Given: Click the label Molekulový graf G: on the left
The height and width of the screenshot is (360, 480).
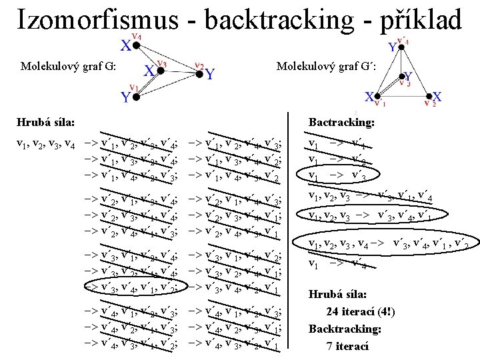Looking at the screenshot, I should tap(69, 66).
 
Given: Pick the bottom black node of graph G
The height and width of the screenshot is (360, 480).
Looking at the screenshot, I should tap(135, 97).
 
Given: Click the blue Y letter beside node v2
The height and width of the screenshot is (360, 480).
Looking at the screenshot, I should tap(211, 74).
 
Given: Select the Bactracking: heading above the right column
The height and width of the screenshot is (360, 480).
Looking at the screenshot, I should tap(341, 123).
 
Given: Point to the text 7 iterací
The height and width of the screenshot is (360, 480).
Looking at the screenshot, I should tap(347, 346).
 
